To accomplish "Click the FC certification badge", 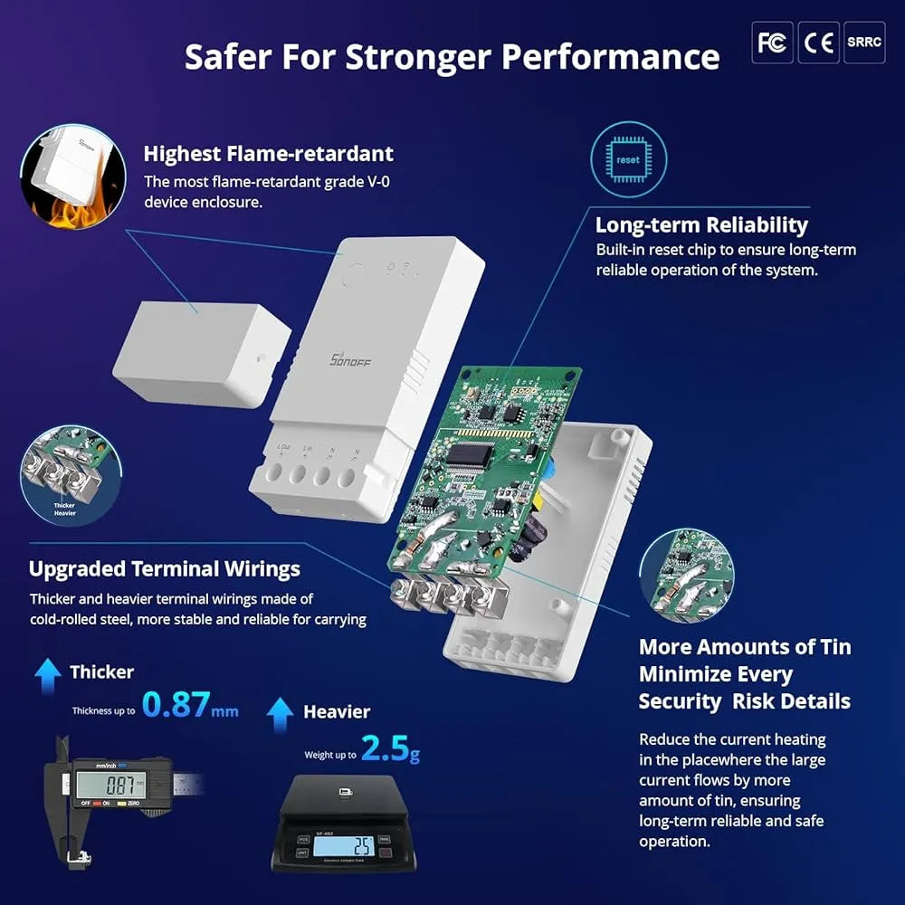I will click(x=772, y=43).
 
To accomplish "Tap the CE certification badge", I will click(x=818, y=43).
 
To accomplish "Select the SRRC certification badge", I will click(x=863, y=43).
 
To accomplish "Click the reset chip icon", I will click(x=627, y=159).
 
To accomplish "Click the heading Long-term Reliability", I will click(x=701, y=225).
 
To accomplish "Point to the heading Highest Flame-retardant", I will click(x=268, y=154).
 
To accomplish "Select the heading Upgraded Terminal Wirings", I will click(x=164, y=569).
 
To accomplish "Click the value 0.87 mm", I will click(x=190, y=705).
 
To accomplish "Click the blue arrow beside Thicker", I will click(x=48, y=672).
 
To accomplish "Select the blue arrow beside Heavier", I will click(x=281, y=712).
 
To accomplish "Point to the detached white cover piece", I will click(x=200, y=353).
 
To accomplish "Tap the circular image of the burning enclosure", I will click(x=72, y=176).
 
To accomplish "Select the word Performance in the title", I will click(x=611, y=56).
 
